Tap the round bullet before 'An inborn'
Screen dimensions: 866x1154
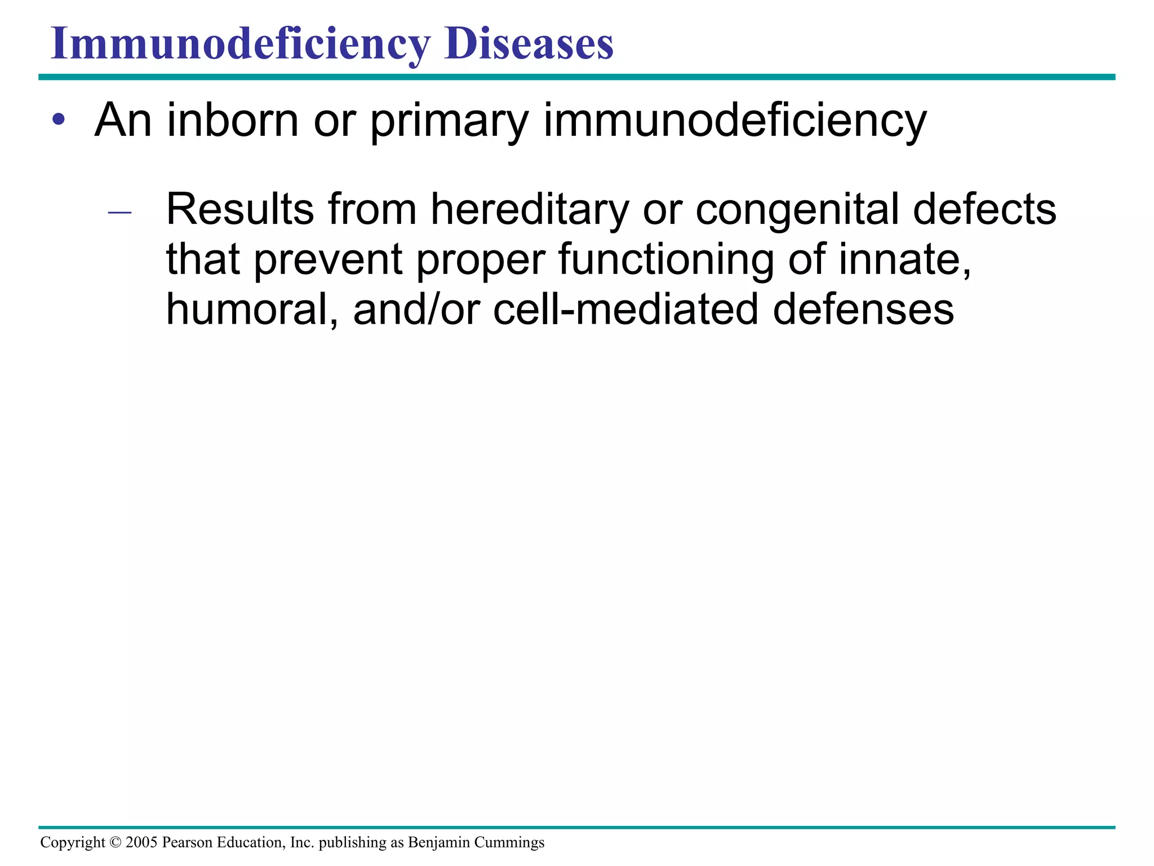[59, 120]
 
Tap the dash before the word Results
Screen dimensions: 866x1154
[119, 213]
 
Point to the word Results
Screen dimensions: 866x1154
[239, 210]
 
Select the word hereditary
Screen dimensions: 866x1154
[530, 210]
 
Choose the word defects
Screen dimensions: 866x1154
[984, 210]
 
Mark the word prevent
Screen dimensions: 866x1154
[328, 260]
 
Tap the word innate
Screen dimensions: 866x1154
[905, 259]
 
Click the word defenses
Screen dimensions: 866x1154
[863, 310]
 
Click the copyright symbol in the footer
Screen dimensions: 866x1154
[115, 842]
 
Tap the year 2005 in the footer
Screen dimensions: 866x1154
[141, 842]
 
